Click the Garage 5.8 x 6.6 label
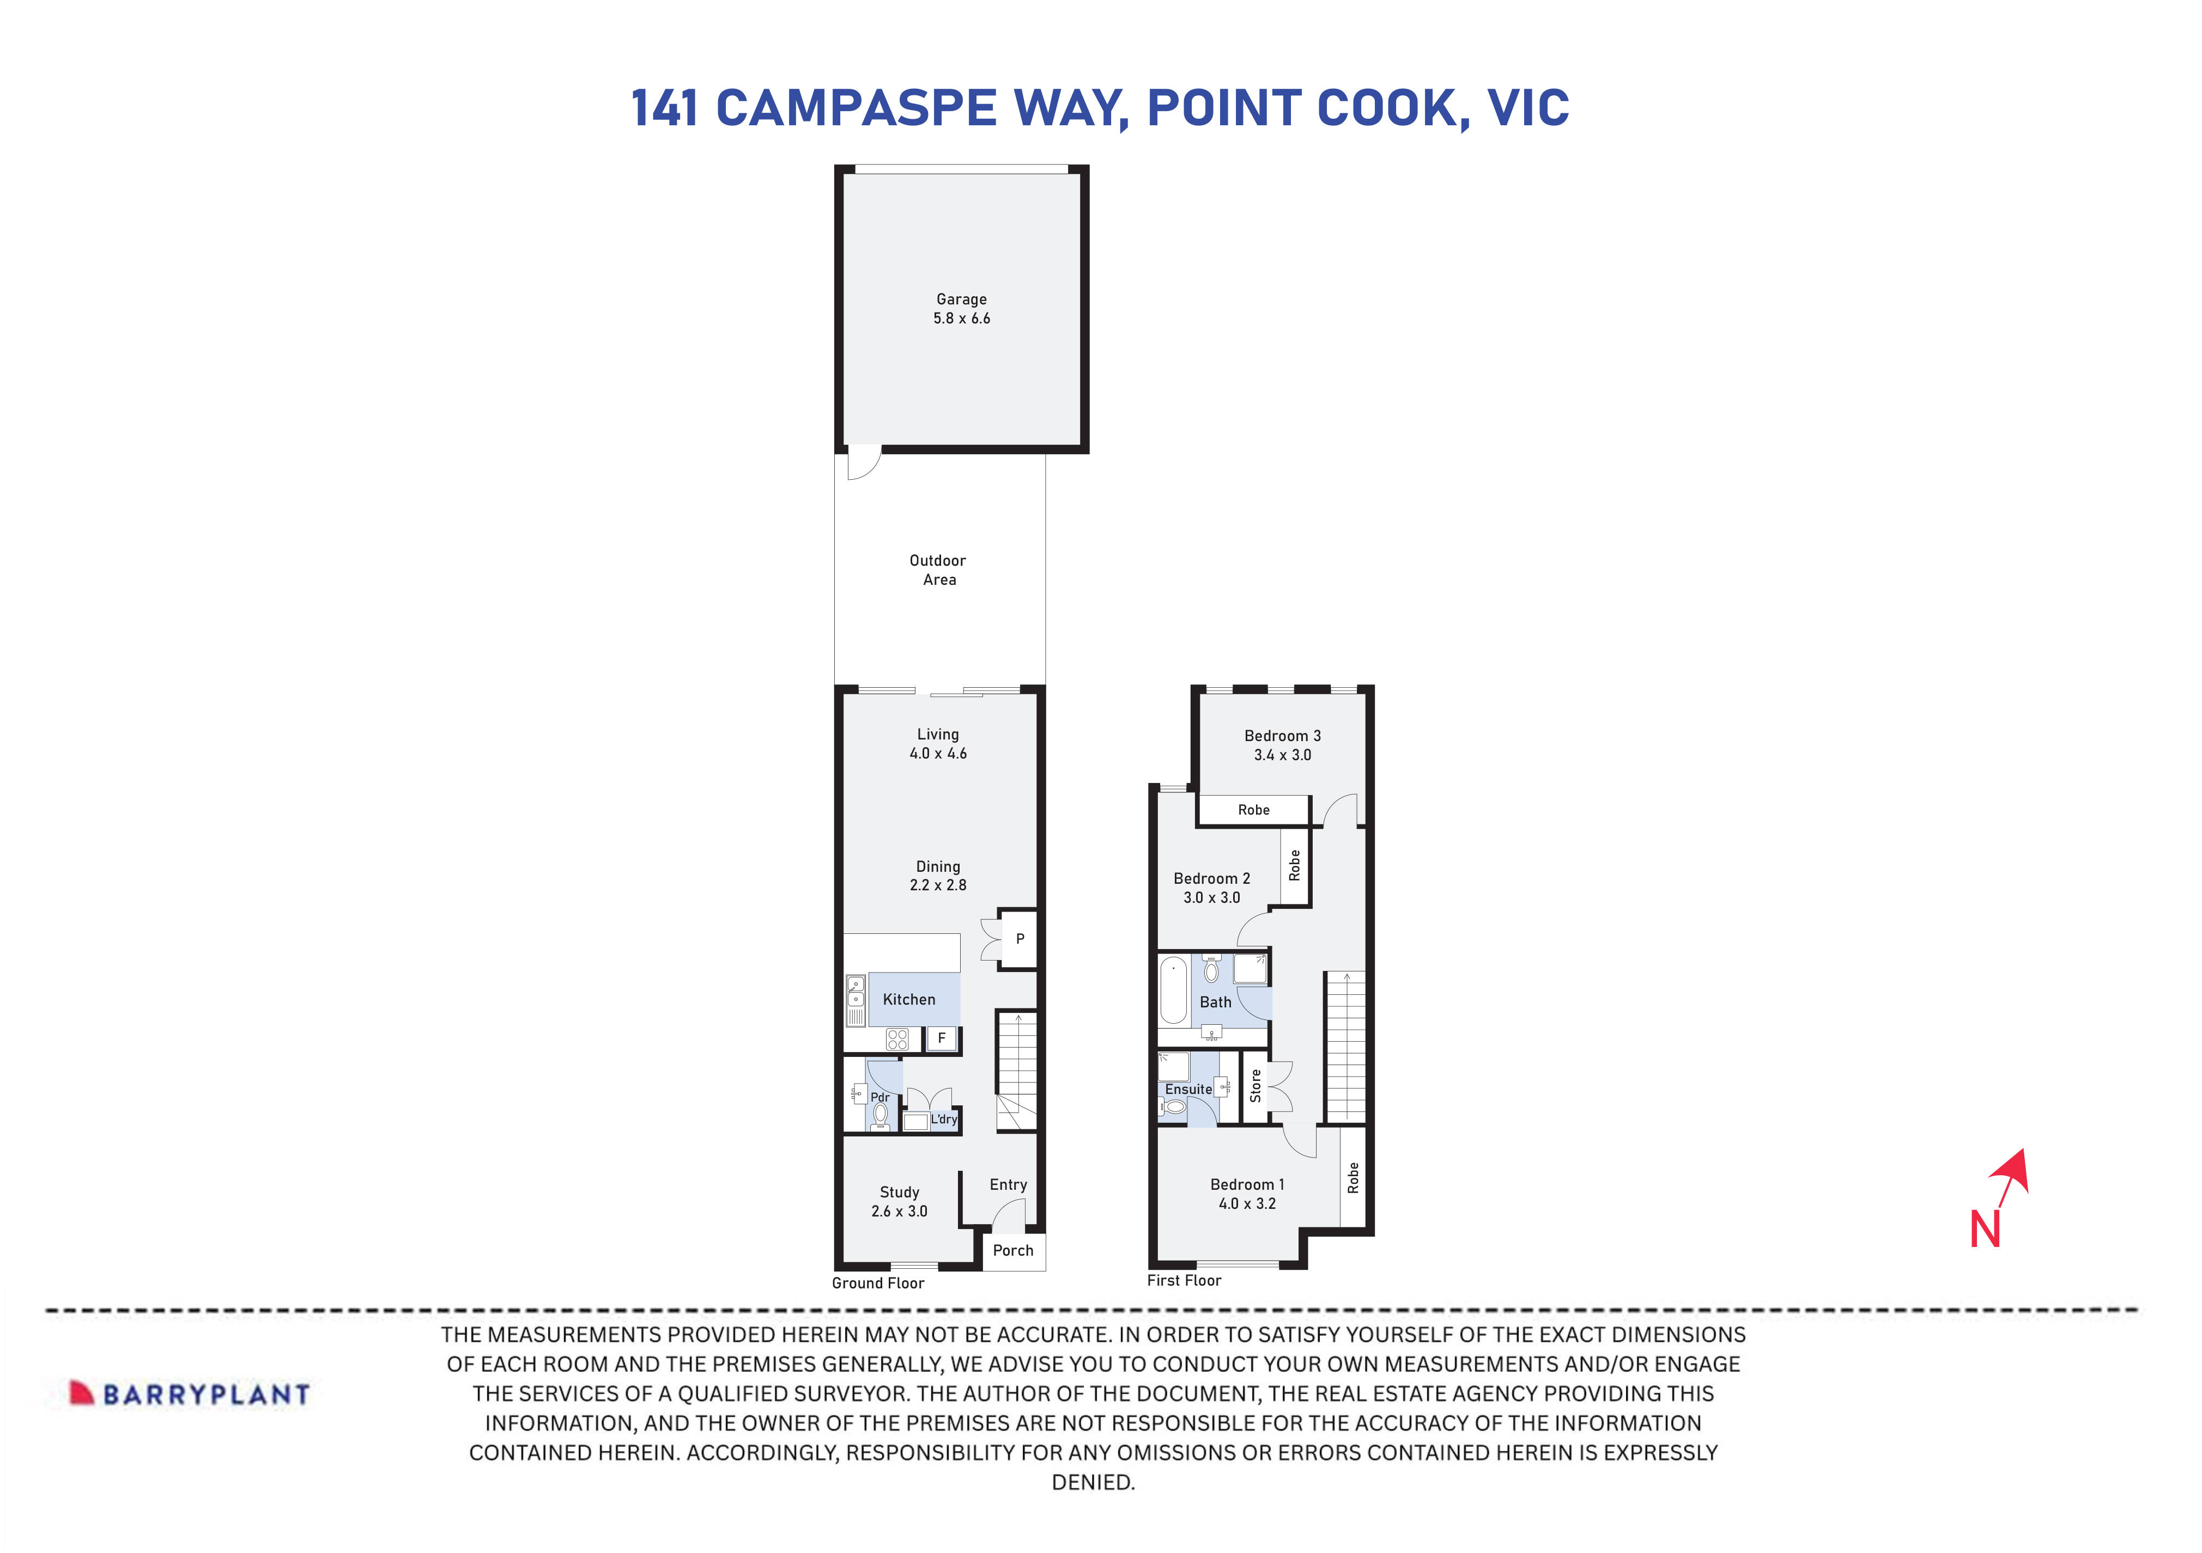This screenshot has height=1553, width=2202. tap(961, 309)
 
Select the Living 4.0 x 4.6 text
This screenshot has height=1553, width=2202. tap(938, 744)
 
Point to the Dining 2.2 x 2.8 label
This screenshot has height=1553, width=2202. tap(938, 875)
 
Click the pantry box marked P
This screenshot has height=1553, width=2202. tap(1020, 939)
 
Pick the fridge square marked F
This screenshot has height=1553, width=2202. tap(942, 1038)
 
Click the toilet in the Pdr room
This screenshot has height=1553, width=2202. tap(881, 1115)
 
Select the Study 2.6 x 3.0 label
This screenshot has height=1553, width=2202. tap(900, 1201)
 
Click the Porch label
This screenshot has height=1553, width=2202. tap(1013, 1250)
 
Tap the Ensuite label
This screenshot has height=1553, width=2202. tap(1188, 1089)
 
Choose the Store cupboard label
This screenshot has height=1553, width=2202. tap(1255, 1086)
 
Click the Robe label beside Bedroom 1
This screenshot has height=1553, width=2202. tap(1353, 1177)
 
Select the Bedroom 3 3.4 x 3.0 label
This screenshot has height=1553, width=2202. tap(1282, 745)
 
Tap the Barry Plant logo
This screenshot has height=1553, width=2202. tap(190, 1394)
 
